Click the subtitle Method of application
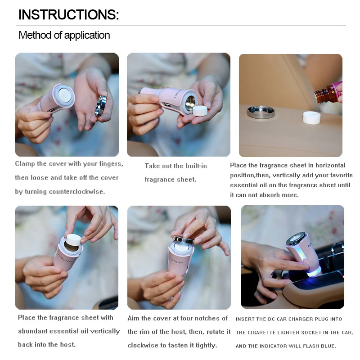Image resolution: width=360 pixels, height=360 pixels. (x=64, y=35)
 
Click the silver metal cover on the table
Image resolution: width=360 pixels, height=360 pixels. (x=261, y=112)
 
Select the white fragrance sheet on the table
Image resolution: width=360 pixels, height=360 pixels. (x=311, y=117)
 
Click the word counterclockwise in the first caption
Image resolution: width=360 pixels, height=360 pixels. (x=77, y=192)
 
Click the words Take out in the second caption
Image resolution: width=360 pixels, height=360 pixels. (x=158, y=166)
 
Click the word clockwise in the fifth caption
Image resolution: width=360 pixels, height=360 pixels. (x=144, y=346)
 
